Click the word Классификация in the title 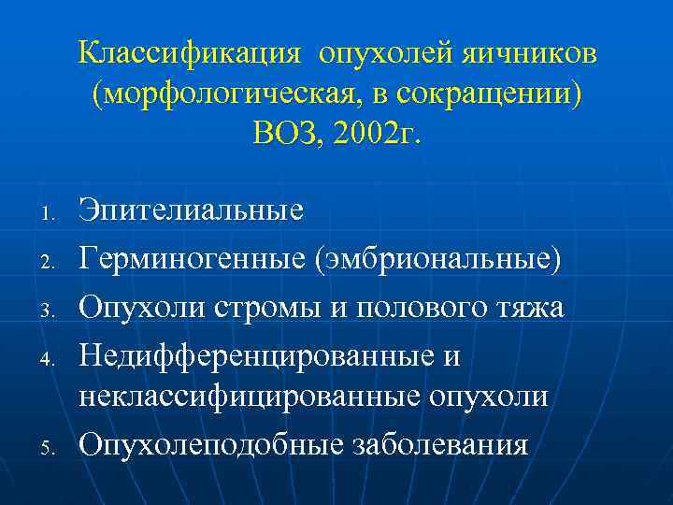[190, 53]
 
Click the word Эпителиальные [191, 209]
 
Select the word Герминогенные [196, 257]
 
